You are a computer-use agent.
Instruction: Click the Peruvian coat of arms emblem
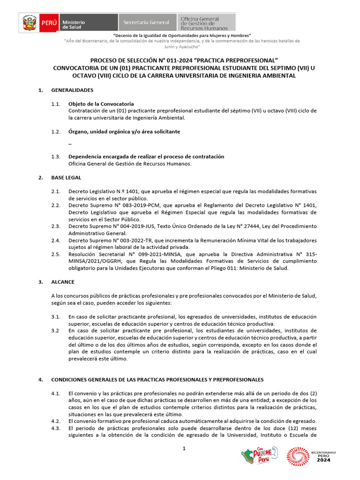[30, 22]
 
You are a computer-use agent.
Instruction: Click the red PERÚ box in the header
[49, 22]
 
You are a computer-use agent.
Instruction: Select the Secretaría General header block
[146, 22]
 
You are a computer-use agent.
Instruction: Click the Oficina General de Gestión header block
[206, 22]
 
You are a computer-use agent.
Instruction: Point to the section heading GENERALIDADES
[72, 90]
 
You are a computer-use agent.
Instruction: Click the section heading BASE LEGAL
[66, 178]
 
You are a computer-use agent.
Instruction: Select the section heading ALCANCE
[63, 282]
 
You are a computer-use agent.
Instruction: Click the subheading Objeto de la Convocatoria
[101, 104]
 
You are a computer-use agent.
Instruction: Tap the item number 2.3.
[56, 226]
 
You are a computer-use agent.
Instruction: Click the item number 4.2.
[56, 421]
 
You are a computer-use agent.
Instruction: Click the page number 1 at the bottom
[184, 449]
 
